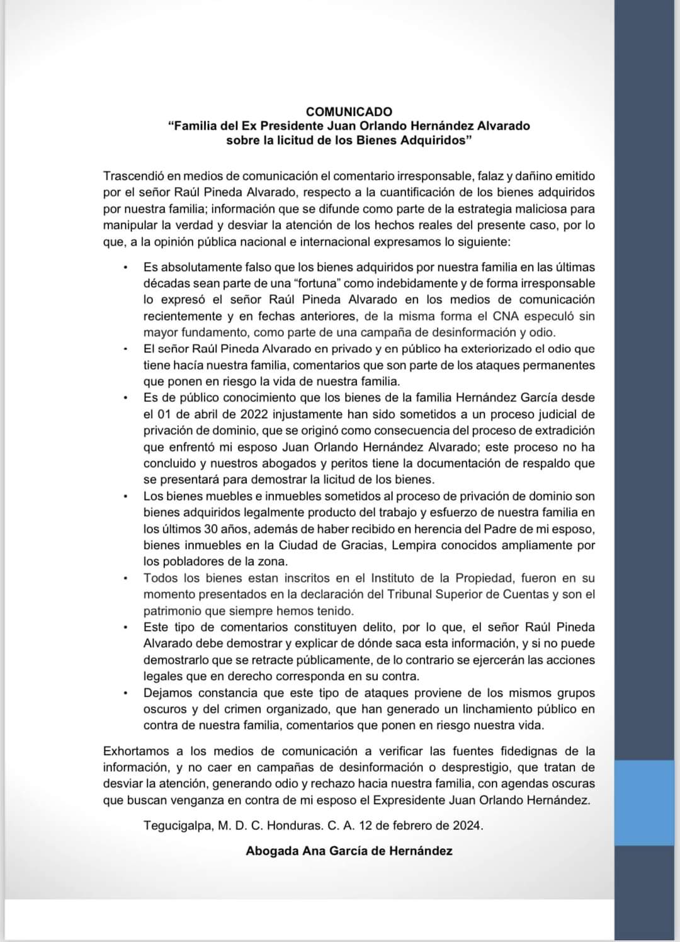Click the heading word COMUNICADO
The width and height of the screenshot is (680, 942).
pos(349,111)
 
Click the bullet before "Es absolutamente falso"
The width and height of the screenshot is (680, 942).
pos(126,268)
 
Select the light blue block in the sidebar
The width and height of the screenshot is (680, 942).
pos(647,802)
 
